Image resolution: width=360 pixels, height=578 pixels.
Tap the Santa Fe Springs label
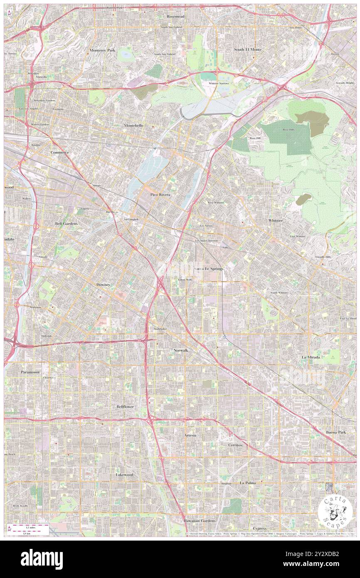[x=209, y=269]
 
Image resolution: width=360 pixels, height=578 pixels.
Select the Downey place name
[x=104, y=284]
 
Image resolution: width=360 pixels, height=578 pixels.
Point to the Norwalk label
[x=180, y=351]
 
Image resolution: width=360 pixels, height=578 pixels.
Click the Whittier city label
[x=275, y=220]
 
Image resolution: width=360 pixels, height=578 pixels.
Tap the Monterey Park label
[x=102, y=50]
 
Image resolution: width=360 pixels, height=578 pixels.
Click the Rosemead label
[x=175, y=16]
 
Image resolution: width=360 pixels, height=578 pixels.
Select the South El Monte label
[x=248, y=49]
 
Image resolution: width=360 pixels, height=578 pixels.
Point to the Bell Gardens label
[x=67, y=223]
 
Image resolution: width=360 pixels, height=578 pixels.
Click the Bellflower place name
[x=125, y=406]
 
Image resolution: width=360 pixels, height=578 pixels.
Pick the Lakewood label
[x=124, y=474]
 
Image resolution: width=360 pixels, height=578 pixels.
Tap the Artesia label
[x=190, y=435]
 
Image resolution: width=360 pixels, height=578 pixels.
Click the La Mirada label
[x=311, y=357]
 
